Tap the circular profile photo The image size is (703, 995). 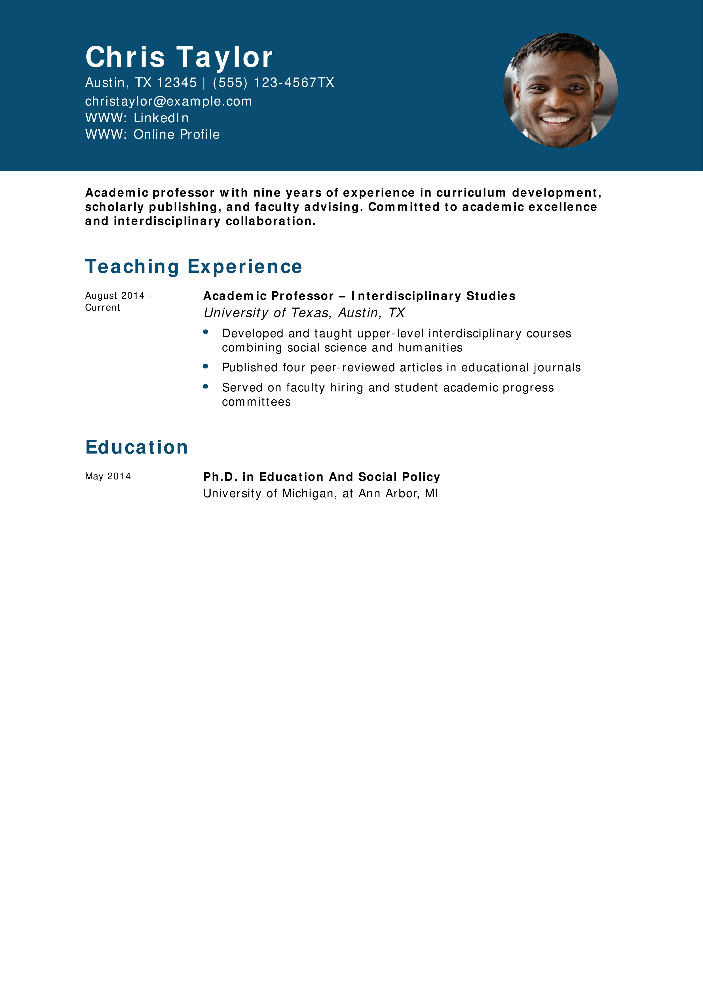point(560,90)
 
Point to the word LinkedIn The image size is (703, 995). point(161,118)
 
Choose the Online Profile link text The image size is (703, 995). point(176,134)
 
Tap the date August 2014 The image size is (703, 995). point(115,296)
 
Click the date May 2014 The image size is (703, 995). point(108,476)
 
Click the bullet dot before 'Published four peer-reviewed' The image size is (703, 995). point(205,366)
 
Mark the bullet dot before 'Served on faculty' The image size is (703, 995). point(205,386)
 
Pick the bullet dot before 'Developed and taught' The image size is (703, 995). point(205,332)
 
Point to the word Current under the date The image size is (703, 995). point(102,308)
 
